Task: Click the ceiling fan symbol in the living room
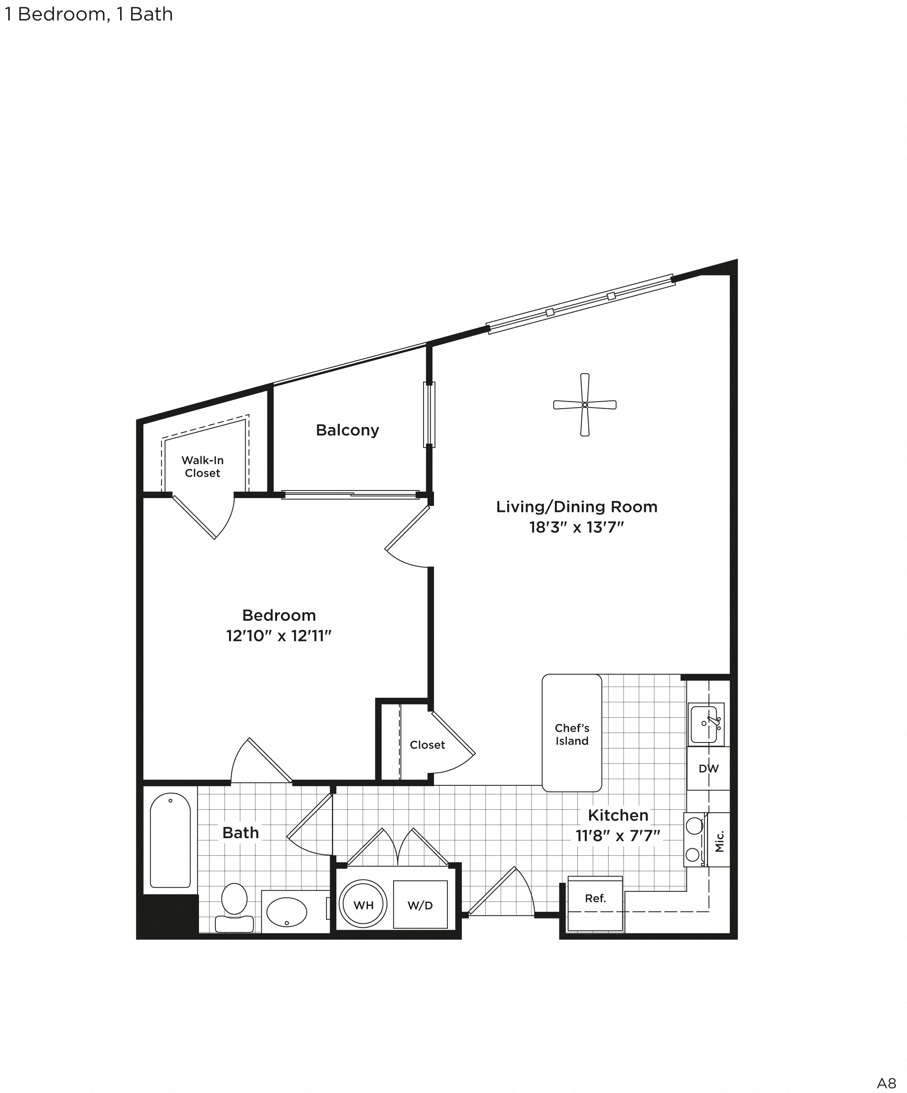584,404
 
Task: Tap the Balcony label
347,430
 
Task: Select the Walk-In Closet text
203,466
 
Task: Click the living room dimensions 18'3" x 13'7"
576,527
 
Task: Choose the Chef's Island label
572,735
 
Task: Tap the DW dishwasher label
708,769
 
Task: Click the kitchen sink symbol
705,724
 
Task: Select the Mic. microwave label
719,842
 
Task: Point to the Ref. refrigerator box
595,898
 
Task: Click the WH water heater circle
363,905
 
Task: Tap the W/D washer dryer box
420,905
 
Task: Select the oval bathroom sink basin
286,912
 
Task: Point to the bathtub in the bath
170,840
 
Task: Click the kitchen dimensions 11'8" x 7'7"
618,836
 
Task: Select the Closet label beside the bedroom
427,745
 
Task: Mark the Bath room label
241,833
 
